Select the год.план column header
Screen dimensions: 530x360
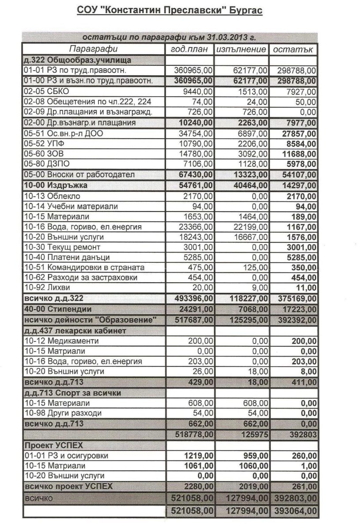point(189,49)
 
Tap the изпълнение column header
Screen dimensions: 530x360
point(241,49)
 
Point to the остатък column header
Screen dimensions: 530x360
point(293,49)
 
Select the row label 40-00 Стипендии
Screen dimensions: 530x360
point(57,310)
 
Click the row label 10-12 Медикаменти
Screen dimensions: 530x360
point(61,341)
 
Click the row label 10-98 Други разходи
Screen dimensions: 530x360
point(63,413)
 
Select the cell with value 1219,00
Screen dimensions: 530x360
point(198,456)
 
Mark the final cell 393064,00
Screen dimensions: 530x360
point(294,511)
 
